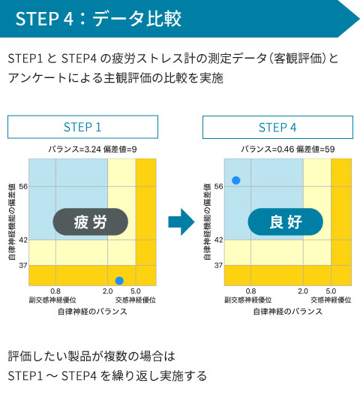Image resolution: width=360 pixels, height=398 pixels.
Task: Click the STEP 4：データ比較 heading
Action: (x=97, y=19)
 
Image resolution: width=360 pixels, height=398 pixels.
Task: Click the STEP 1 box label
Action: (x=82, y=127)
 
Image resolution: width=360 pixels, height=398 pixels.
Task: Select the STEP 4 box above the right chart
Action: (x=277, y=127)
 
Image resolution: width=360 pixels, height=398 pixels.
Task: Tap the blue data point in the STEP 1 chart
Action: (x=119, y=280)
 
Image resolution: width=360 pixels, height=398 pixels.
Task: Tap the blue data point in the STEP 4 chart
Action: (x=236, y=180)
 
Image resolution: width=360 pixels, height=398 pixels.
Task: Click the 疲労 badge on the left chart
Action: (x=91, y=222)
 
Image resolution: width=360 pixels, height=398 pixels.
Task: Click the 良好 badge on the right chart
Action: (x=285, y=222)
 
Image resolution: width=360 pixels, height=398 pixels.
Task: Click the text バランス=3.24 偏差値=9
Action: (x=92, y=149)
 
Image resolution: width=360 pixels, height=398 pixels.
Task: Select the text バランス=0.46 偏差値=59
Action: (x=287, y=149)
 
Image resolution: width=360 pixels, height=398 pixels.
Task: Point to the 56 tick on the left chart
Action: (x=22, y=186)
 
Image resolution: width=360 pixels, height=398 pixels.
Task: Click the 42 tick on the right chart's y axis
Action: (x=218, y=240)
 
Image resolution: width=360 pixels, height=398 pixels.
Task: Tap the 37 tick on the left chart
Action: (x=22, y=265)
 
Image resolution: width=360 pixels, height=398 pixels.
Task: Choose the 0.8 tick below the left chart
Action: (x=55, y=291)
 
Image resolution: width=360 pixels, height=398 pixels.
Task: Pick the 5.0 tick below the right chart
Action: (x=331, y=291)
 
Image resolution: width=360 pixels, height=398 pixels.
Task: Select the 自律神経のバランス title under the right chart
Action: (x=288, y=311)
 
